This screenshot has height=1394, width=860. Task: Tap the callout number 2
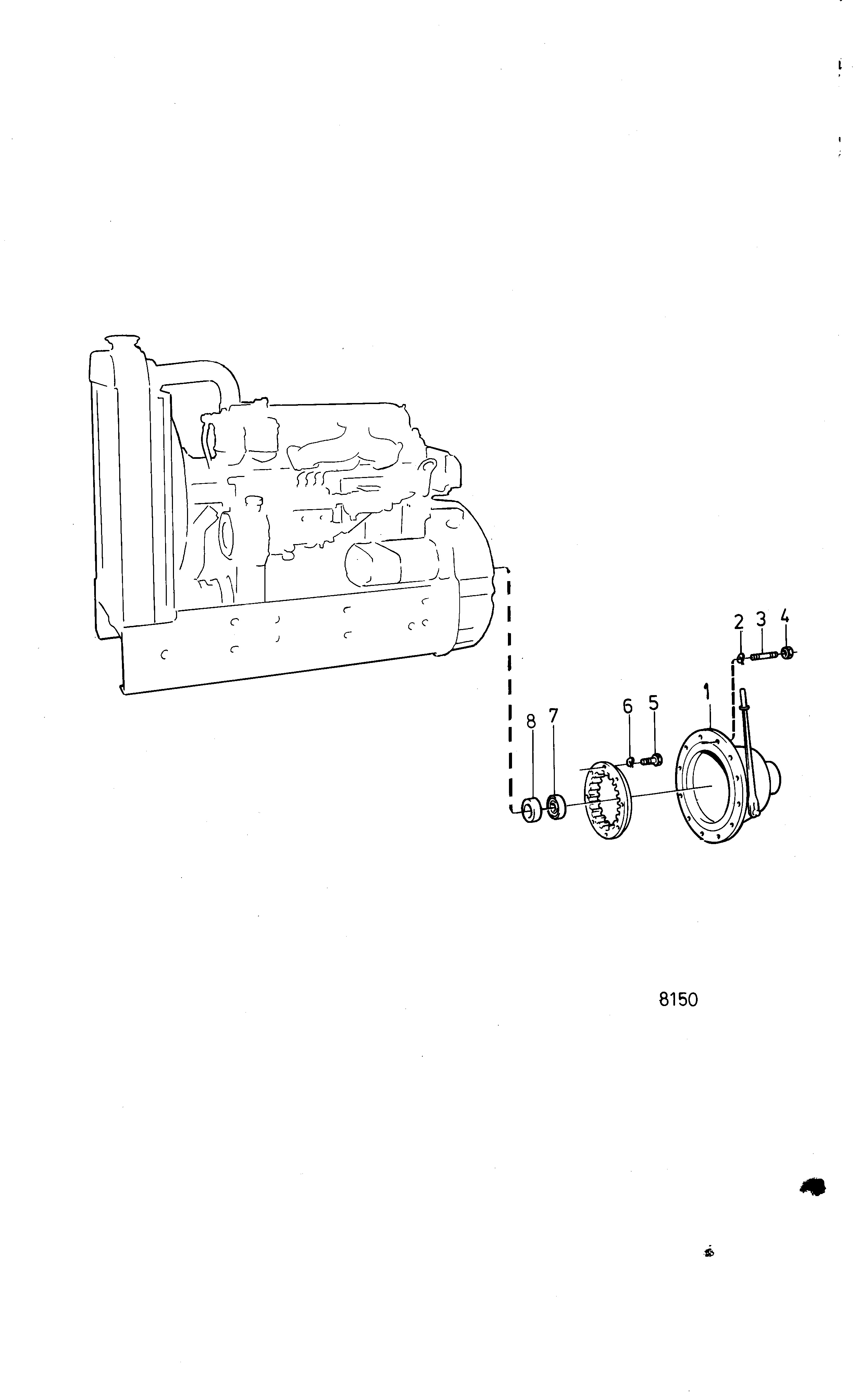pyautogui.click(x=739, y=622)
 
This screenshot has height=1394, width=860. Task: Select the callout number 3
pyautogui.click(x=761, y=619)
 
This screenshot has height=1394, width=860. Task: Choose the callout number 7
pyautogui.click(x=553, y=716)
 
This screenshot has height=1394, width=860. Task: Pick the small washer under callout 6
pyautogui.click(x=630, y=761)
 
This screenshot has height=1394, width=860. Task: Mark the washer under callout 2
pyautogui.click(x=740, y=658)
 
